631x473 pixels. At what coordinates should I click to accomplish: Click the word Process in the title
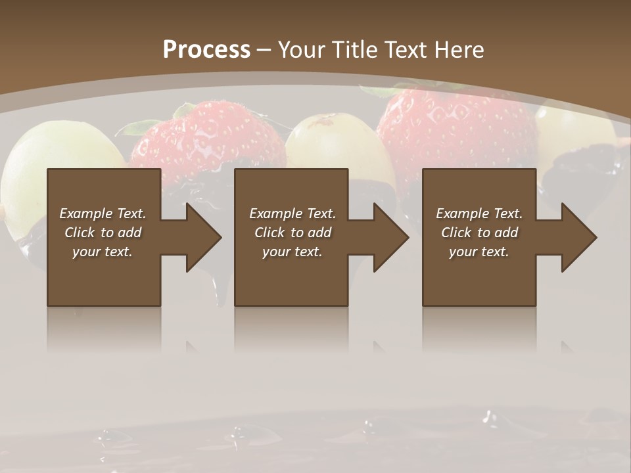(x=206, y=50)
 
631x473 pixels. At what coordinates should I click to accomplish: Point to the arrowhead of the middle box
(x=390, y=237)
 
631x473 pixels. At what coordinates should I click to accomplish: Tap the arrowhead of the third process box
(x=578, y=237)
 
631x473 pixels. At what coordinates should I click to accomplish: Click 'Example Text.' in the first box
(x=103, y=214)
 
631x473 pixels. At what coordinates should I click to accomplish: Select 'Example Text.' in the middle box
(x=292, y=214)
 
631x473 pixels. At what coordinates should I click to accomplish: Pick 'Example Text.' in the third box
(x=479, y=214)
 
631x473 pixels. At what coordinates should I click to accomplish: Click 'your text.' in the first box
(x=103, y=252)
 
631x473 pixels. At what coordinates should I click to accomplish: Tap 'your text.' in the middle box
(x=292, y=252)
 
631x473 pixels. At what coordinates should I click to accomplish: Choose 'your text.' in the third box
(x=479, y=252)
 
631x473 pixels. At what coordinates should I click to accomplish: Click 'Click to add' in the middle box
(x=292, y=233)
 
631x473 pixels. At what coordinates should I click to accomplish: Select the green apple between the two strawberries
(x=333, y=141)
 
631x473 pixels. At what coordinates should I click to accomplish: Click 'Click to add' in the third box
(x=479, y=233)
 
